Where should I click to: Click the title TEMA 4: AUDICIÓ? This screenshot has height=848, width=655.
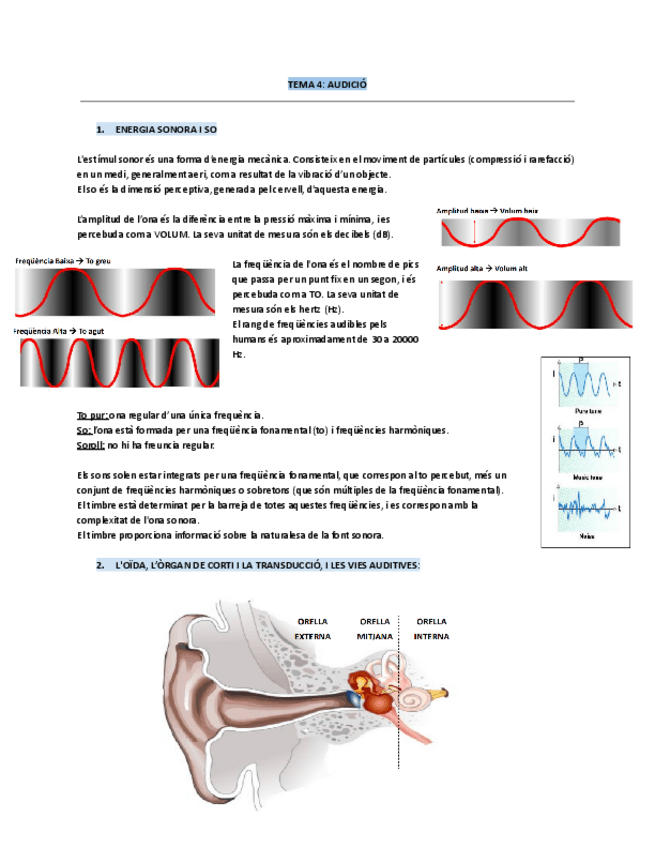click(x=327, y=85)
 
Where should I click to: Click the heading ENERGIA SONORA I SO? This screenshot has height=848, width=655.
click(x=166, y=131)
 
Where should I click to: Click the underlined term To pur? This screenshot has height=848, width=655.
click(x=92, y=415)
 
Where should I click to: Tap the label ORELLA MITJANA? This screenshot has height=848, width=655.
click(x=375, y=628)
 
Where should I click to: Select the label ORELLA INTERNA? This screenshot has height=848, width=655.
click(x=432, y=628)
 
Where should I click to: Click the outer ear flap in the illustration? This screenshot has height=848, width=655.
click(x=251, y=700)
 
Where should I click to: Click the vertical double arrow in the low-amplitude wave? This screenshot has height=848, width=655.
click(x=473, y=232)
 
